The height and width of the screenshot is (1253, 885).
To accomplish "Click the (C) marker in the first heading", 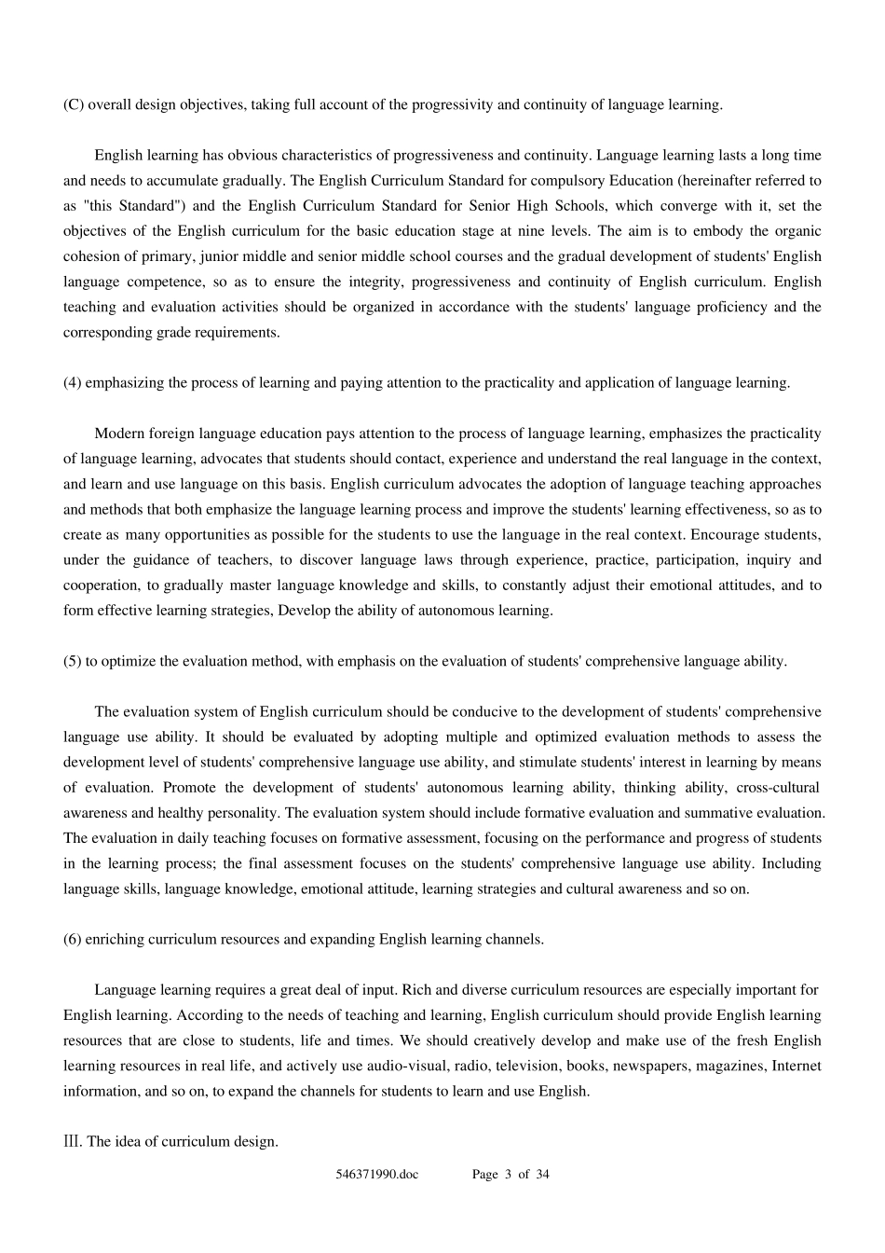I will (73, 104).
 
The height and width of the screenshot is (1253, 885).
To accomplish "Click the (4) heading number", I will (73, 382).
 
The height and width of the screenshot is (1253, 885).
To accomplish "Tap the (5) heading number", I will (73, 661).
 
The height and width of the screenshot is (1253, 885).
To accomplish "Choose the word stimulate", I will (551, 763).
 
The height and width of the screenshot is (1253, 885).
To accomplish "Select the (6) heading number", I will (73, 939).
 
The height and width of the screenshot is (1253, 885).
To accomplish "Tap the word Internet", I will (796, 1066).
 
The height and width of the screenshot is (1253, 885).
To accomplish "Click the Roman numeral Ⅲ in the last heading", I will (71, 1141).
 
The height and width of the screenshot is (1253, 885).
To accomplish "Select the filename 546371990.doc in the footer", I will (377, 1175).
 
